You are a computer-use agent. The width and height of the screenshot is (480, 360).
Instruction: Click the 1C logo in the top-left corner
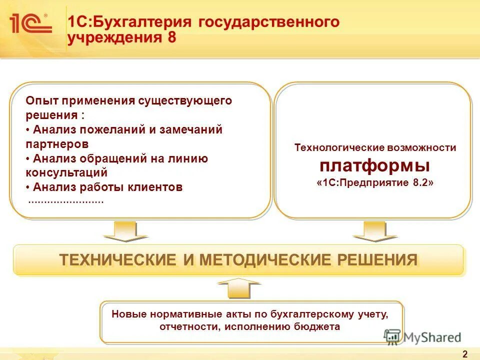29,23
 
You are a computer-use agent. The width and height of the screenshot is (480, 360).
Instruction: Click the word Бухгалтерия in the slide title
139,22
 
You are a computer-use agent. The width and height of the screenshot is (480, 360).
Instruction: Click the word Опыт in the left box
41,100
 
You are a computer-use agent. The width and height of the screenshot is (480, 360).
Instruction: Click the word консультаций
66,173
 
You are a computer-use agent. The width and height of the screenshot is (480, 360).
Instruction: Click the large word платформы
375,165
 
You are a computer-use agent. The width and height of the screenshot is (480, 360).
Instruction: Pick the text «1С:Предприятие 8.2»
375,183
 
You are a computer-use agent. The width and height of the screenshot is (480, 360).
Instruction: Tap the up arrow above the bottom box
239,289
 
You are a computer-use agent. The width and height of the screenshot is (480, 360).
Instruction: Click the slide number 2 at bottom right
465,354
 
